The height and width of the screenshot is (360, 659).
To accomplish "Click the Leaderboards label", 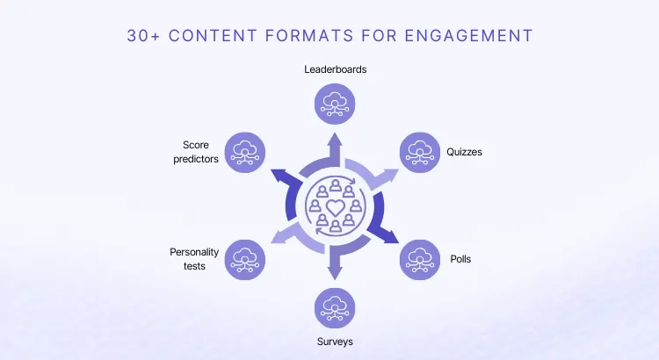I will coord(335,69).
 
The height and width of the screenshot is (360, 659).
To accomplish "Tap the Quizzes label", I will coord(464,151).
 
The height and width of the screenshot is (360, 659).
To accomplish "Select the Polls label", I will coord(460,260).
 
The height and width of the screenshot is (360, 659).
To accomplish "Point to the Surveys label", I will coord(335,341).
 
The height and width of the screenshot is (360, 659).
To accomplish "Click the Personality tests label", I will coord(188,258).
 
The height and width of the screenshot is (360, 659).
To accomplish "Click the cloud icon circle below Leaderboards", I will coord(335,102).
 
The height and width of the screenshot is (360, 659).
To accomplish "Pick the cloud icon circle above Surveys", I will coord(335,308).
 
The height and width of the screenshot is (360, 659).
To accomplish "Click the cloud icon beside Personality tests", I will coord(246,260).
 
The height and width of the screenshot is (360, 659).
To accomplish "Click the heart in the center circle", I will coord(335,208).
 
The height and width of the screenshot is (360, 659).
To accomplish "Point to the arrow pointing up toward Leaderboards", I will coord(335,145).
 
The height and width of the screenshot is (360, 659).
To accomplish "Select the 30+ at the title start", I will coord(142,36).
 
